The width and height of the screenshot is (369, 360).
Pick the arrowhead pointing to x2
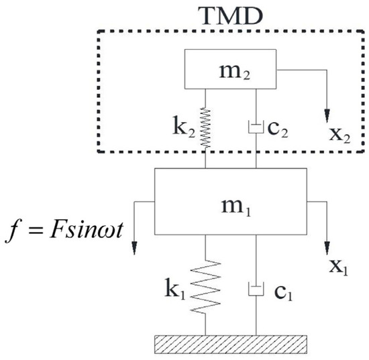tap(327, 111)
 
